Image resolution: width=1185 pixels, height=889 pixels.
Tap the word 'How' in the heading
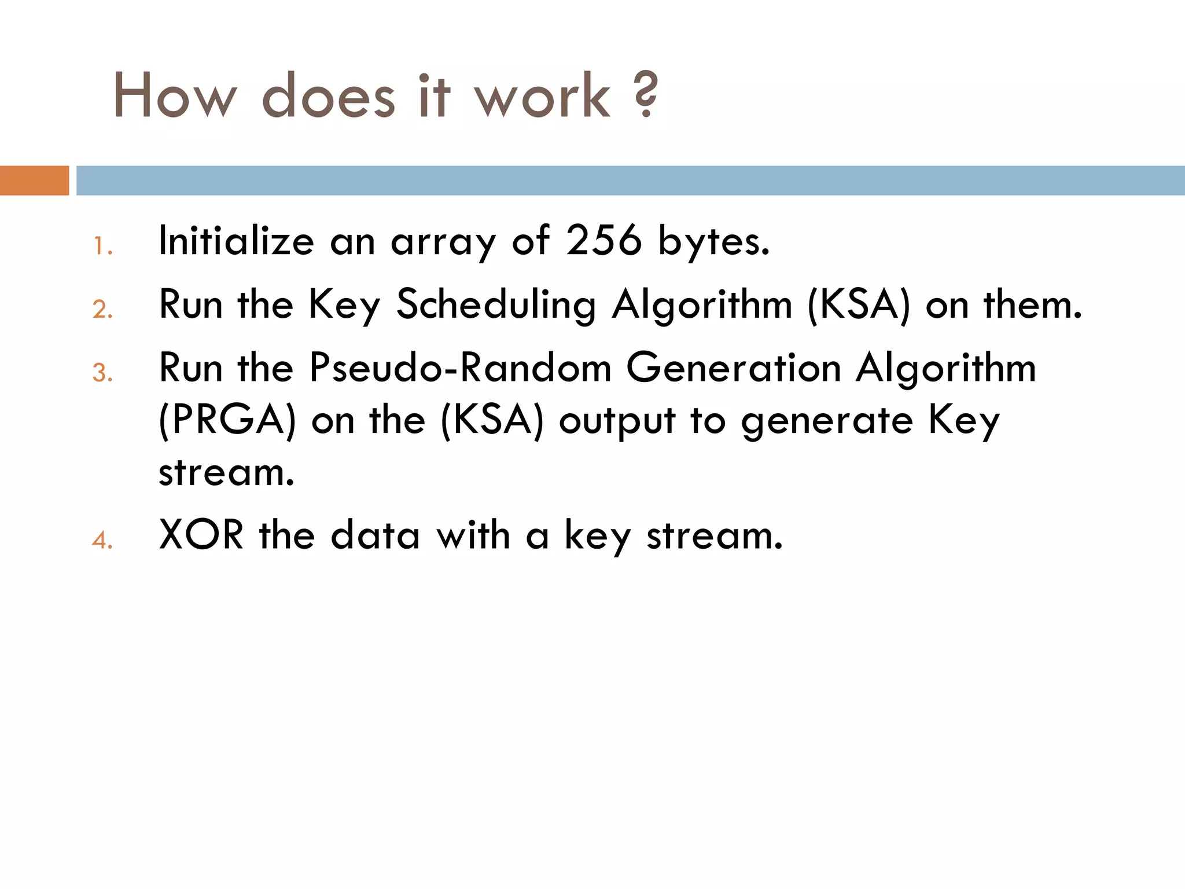click(x=175, y=95)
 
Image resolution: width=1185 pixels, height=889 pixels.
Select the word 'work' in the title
click(x=542, y=95)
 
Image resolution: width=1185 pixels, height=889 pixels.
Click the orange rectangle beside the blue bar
click(x=34, y=181)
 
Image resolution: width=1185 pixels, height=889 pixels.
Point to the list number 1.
click(x=102, y=247)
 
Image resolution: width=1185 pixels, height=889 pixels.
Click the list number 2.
click(x=102, y=310)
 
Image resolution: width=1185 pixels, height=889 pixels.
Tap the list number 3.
click(x=102, y=373)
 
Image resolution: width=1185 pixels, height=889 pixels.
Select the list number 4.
click(x=102, y=541)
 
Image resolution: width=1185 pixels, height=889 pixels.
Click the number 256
click(x=603, y=241)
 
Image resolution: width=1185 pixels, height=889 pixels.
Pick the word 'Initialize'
click(x=236, y=241)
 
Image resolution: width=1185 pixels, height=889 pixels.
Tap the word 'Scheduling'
click(x=496, y=305)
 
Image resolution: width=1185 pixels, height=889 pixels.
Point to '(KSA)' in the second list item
click(x=859, y=304)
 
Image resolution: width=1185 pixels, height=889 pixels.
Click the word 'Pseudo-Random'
click(x=460, y=368)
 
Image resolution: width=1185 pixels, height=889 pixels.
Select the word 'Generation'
click(x=734, y=368)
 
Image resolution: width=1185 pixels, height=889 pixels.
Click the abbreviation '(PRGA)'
click(x=227, y=420)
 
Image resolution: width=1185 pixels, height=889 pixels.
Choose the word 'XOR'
click(x=201, y=535)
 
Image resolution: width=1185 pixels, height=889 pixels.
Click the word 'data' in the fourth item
click(x=375, y=535)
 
